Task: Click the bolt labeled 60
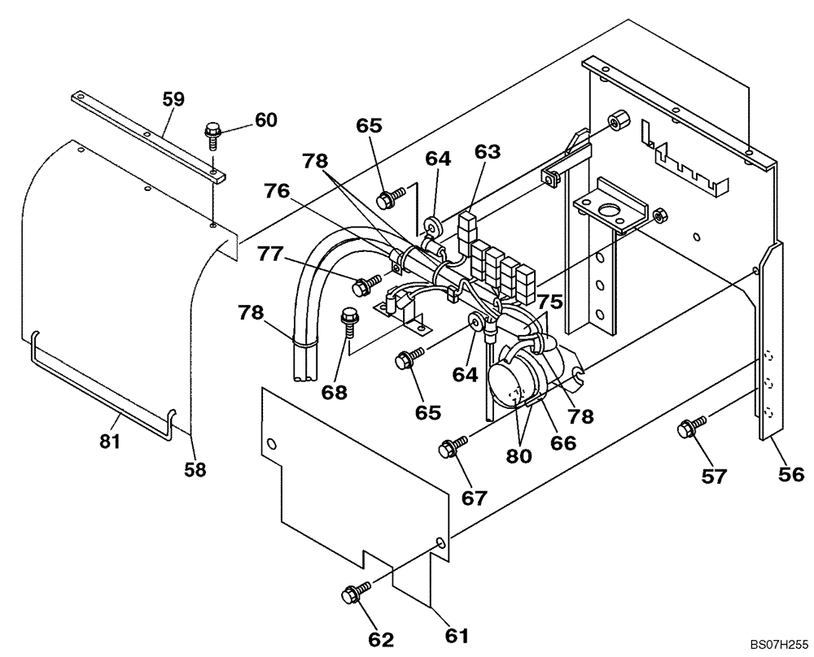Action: pos(214,133)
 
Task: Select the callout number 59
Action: pos(173,99)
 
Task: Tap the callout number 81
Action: pos(110,442)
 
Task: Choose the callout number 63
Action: pos(488,151)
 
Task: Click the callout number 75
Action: pos(549,300)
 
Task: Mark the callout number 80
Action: pos(519,456)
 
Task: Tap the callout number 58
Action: pos(195,468)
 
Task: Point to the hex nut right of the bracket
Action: pos(661,215)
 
